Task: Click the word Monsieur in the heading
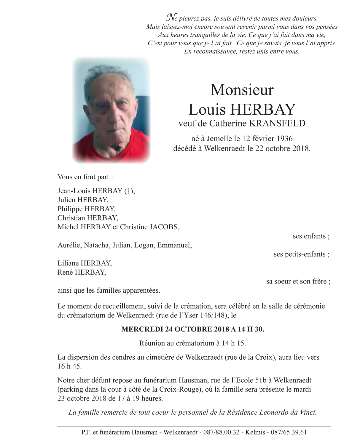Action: point(242,90)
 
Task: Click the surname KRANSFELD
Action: point(277,123)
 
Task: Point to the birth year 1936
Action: point(285,138)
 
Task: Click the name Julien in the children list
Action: point(66,200)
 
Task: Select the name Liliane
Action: point(68,263)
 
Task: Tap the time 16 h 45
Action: point(69,366)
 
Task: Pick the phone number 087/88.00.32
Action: point(221,432)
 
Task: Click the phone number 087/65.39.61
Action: point(289,432)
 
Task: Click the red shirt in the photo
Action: point(89,148)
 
